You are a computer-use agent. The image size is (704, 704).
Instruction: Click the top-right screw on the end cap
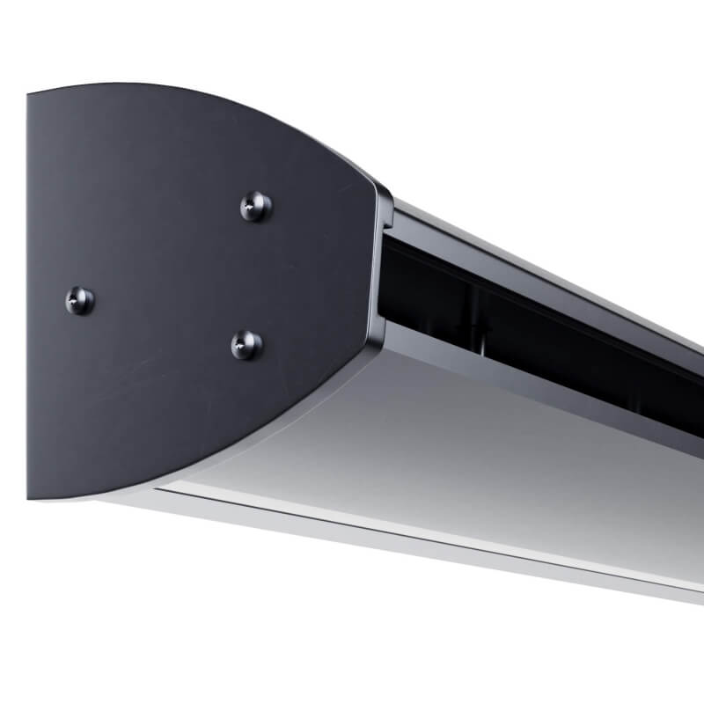(x=256, y=207)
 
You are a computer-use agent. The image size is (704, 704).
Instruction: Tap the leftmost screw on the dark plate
(x=79, y=301)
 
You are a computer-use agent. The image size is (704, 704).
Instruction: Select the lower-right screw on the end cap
(x=246, y=344)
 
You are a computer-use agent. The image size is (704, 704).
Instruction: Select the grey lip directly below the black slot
(x=528, y=378)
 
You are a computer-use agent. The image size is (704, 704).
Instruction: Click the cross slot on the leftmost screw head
(x=79, y=301)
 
